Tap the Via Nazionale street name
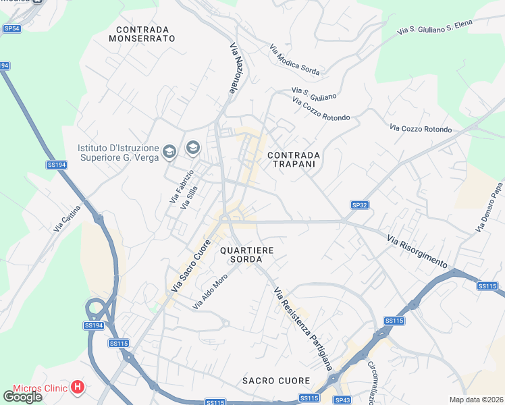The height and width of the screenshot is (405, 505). pos(236,69)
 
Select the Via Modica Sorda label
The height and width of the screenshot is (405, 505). pos(294,59)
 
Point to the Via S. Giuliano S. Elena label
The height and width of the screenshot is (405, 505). pos(435,27)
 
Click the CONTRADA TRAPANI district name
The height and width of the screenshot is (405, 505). pos(294,159)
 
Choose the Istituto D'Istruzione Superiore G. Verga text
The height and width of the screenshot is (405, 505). pos(118,153)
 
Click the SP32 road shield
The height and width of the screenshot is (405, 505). pos(359,205)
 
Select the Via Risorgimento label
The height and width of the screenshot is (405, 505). pos(417,250)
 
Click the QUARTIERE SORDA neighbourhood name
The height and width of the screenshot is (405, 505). pos(246,254)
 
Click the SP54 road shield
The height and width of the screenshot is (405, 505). pos(12,28)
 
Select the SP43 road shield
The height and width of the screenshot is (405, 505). pos(342,400)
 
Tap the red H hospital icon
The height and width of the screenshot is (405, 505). pos(78,387)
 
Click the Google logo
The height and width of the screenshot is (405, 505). pos(22,397)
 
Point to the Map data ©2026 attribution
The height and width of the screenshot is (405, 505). pos(477,400)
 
